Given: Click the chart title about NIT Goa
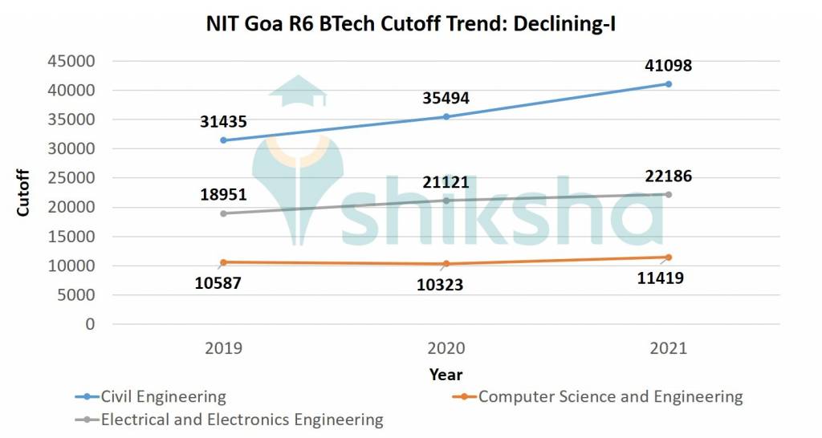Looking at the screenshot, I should click(411, 26).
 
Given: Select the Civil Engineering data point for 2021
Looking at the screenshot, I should click(668, 84).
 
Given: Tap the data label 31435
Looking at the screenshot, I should click(224, 122).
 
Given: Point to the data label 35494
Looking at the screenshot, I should click(446, 99).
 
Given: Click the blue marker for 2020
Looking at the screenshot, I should click(446, 117).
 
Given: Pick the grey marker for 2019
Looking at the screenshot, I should click(224, 213).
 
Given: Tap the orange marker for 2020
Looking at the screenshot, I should click(446, 264).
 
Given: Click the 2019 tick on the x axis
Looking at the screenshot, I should click(224, 348).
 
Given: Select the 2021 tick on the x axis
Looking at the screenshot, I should click(668, 348).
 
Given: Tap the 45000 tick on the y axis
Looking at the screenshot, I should click(72, 61).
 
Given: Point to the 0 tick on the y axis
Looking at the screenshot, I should click(91, 324).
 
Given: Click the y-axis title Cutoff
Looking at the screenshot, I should click(23, 193).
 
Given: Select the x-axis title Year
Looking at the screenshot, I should click(446, 375).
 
